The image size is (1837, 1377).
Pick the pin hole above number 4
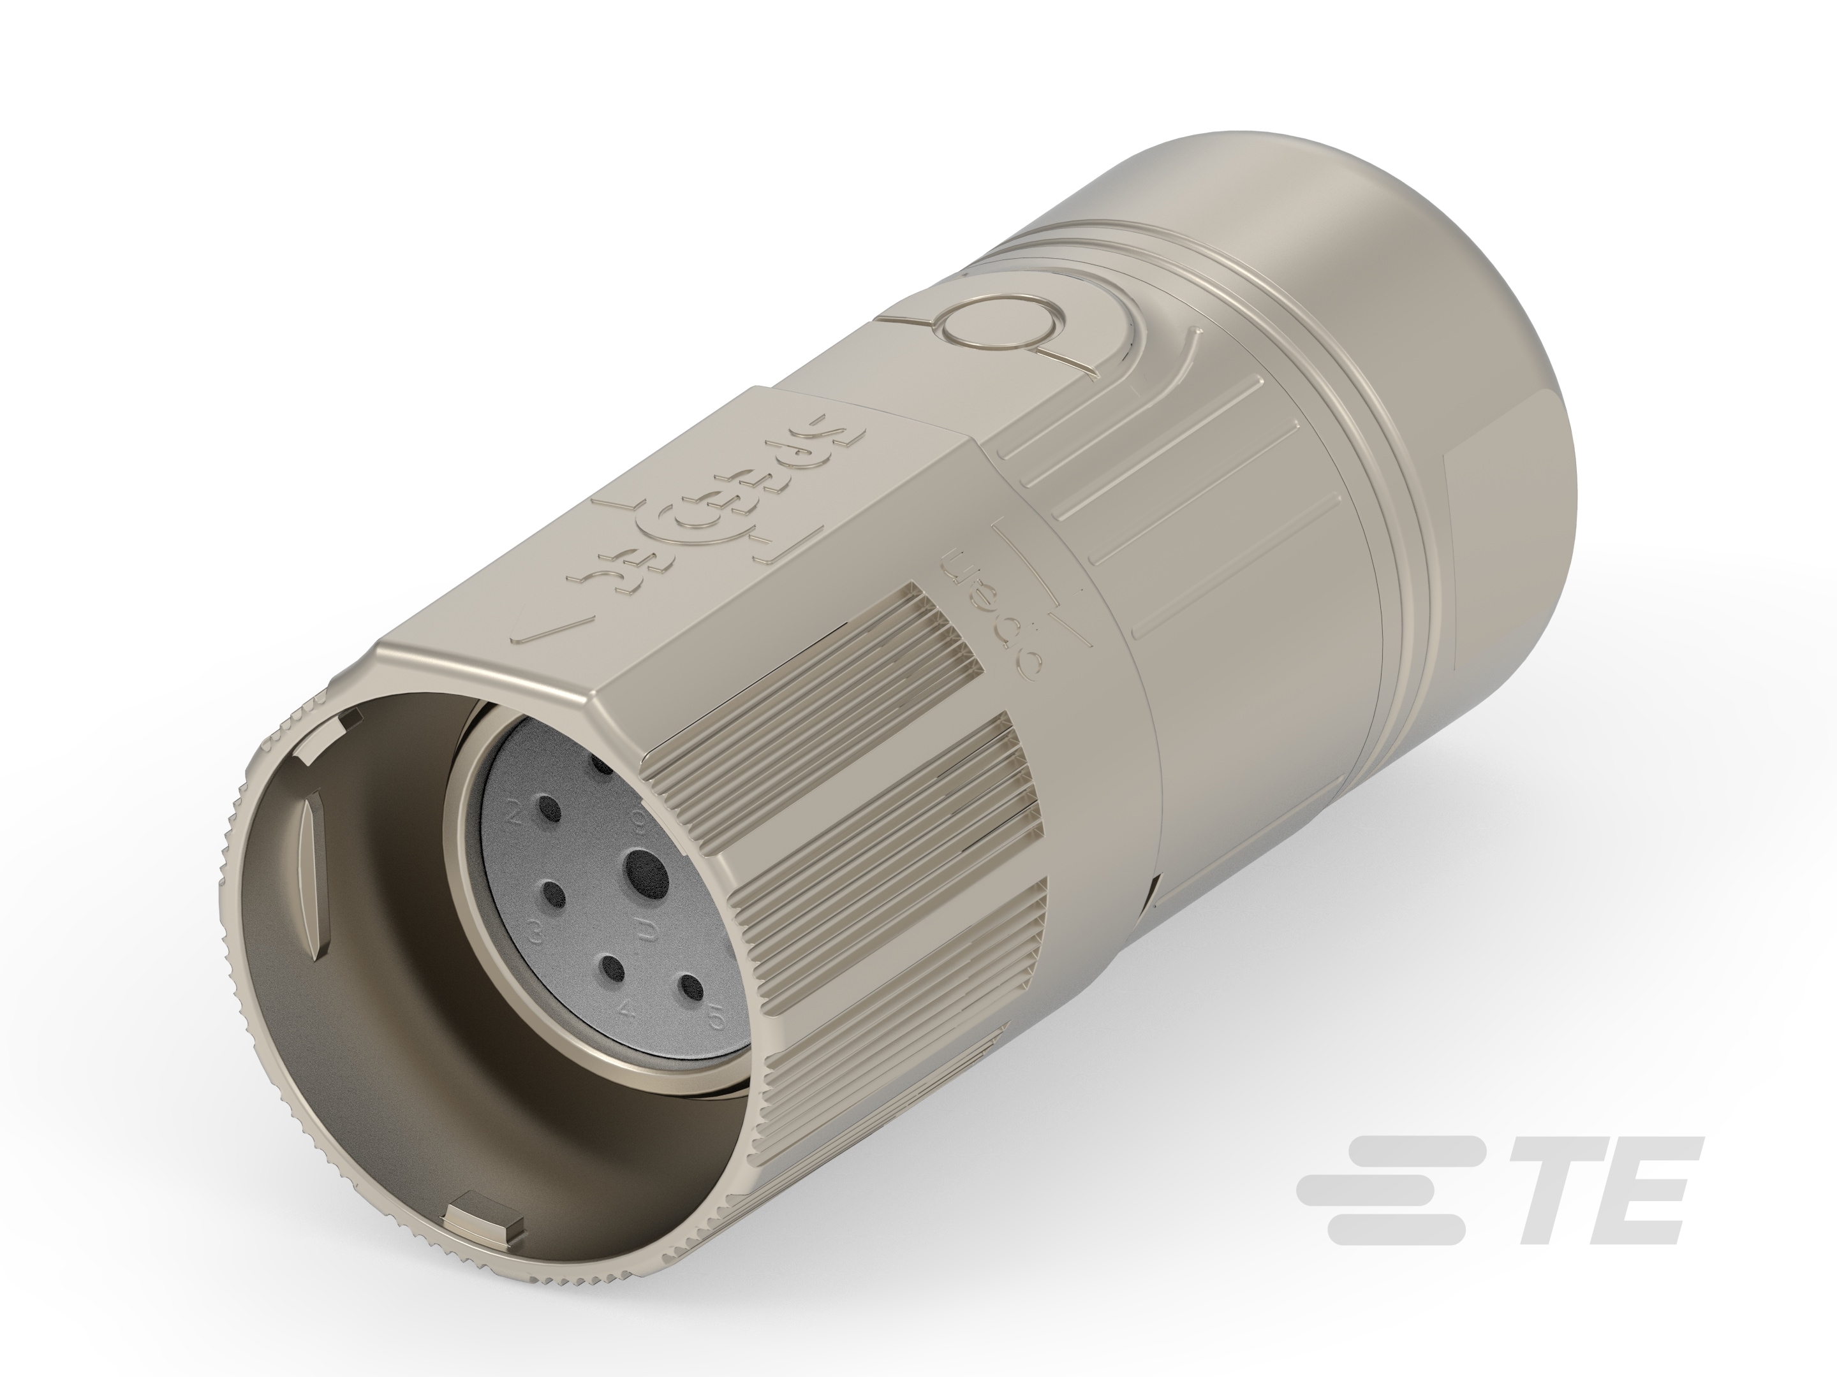pos(613,968)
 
